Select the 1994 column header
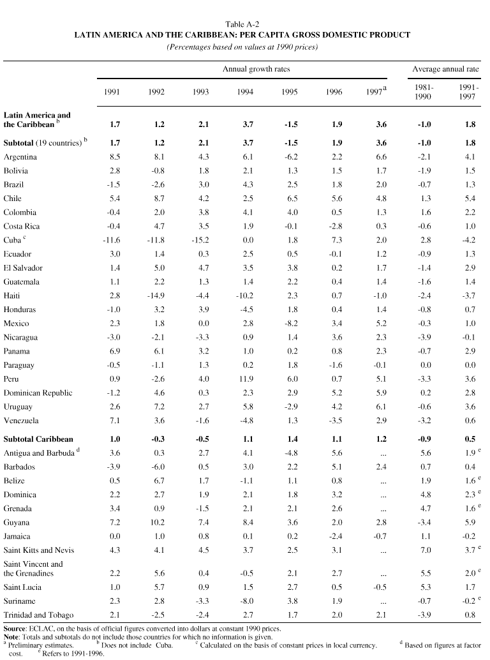(x=244, y=92)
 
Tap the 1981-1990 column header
(x=423, y=92)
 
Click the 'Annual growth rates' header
(x=256, y=69)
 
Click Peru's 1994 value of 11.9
(x=245, y=379)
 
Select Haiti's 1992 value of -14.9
(x=155, y=296)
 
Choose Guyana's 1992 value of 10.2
(x=156, y=522)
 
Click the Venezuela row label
(x=21, y=421)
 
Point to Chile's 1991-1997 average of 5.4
(x=470, y=199)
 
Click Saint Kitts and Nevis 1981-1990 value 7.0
(x=423, y=550)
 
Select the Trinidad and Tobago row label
(x=38, y=615)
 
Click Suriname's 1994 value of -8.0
(x=245, y=601)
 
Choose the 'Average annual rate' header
(x=445, y=69)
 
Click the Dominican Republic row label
(x=38, y=393)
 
